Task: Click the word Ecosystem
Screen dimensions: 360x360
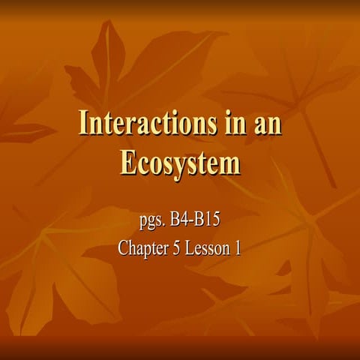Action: [180, 162]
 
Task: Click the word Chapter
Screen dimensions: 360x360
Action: [145, 248]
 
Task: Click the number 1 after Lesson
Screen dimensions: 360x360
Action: [238, 248]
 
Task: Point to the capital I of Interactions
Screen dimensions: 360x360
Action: [85, 124]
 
